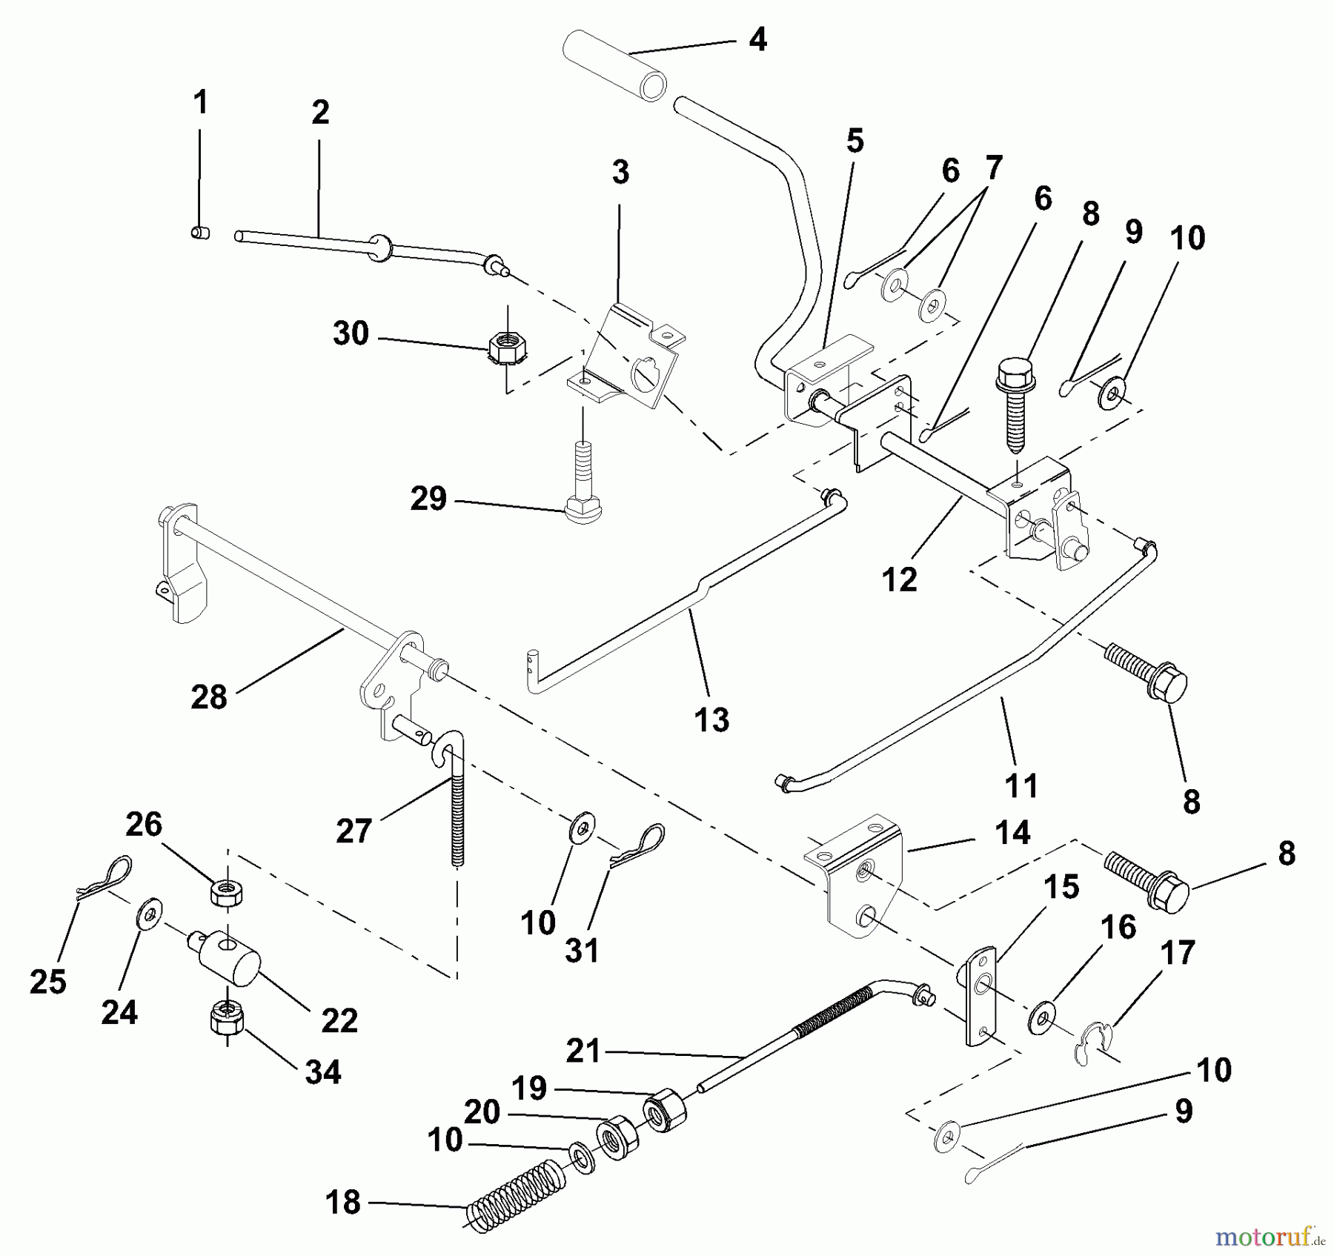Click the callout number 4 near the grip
click(x=757, y=39)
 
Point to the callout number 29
click(x=428, y=499)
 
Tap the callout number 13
click(x=711, y=720)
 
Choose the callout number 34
click(x=322, y=1071)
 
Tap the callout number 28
click(x=208, y=697)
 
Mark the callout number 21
click(x=583, y=1051)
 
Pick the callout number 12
click(x=900, y=579)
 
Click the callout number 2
click(x=319, y=113)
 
